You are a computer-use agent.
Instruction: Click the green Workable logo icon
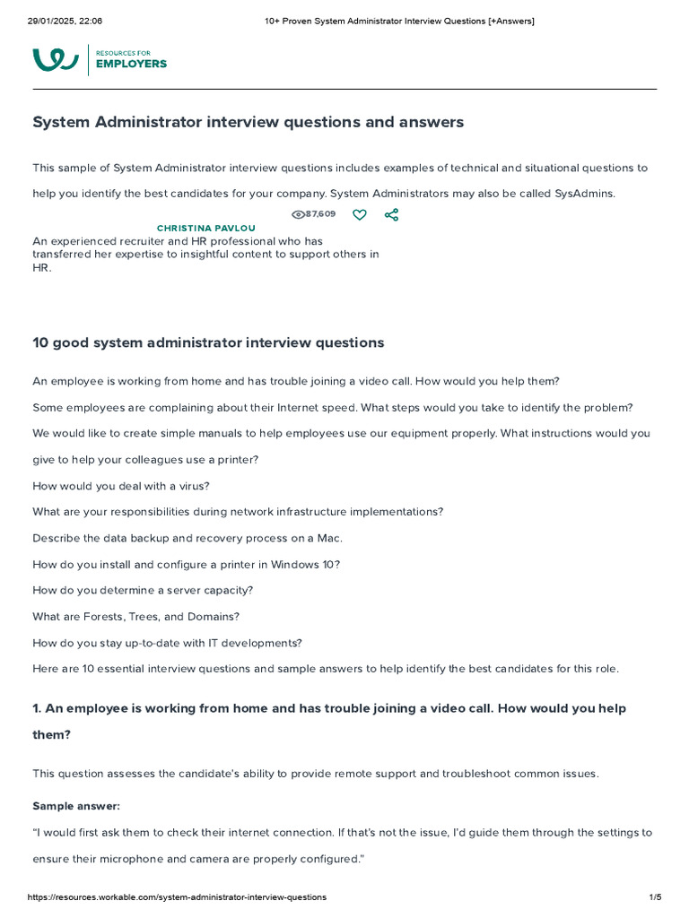coord(56,60)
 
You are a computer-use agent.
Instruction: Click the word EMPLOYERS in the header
coord(131,65)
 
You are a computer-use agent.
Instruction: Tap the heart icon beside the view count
coord(359,215)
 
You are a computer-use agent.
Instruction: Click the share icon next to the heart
coord(391,215)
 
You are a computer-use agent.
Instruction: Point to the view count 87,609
coord(320,214)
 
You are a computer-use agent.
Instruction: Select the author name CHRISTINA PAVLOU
coord(205,229)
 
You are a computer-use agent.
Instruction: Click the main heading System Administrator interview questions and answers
coord(248,122)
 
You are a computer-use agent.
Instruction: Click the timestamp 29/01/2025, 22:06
coord(65,21)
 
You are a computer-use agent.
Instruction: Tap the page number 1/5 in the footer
coord(655,897)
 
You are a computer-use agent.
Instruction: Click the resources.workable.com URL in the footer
coord(177,897)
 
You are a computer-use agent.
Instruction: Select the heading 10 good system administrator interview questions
coord(208,342)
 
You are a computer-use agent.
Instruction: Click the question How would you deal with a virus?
coord(121,486)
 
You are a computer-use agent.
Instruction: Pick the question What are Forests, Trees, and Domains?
coord(135,617)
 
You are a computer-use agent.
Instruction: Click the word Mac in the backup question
coord(328,538)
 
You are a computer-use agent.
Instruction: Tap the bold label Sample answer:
coord(76,806)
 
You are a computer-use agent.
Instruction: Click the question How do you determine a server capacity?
coord(143,591)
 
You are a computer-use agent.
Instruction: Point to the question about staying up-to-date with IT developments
coord(167,643)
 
